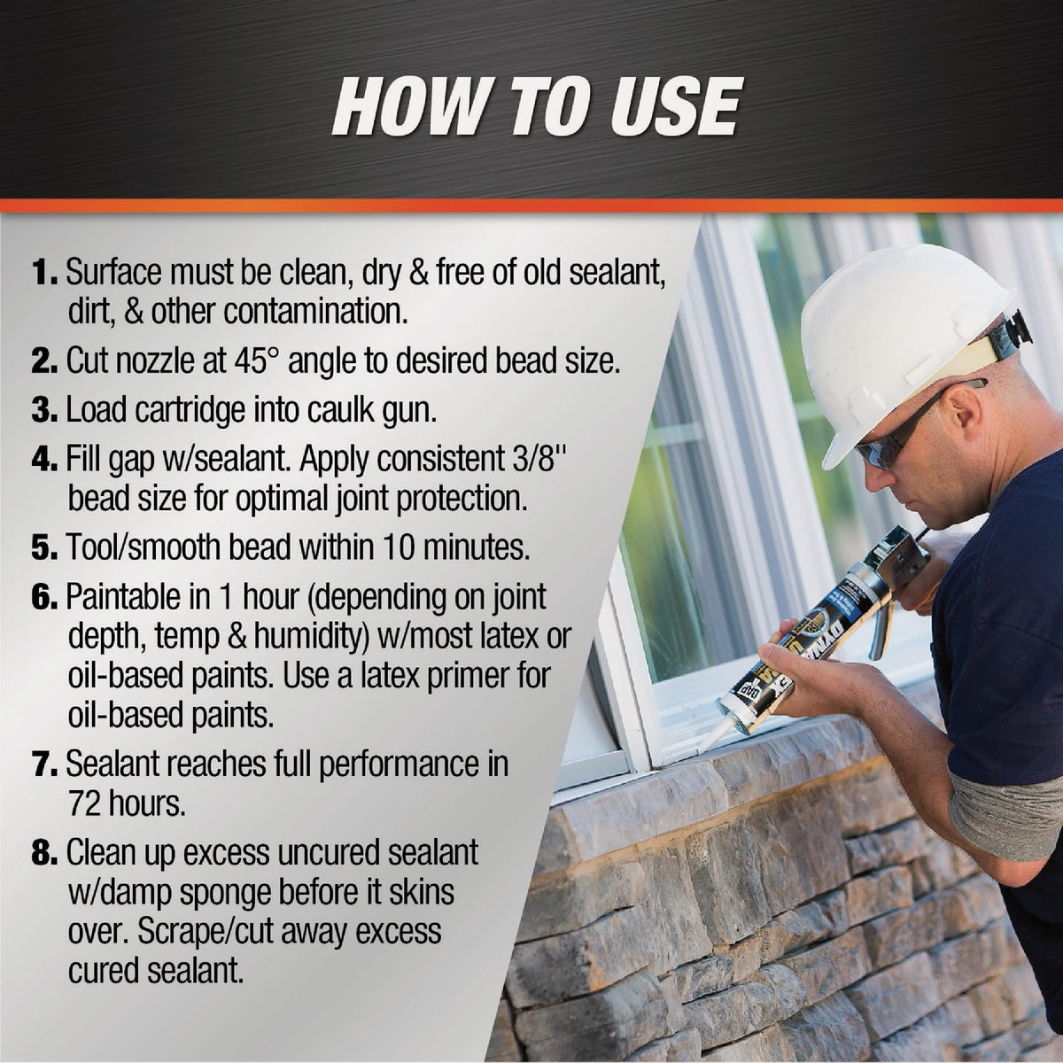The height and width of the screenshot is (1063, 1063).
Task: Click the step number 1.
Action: click(45, 273)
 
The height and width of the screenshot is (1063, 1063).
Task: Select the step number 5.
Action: click(45, 547)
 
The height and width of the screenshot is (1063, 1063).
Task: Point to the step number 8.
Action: click(45, 854)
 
